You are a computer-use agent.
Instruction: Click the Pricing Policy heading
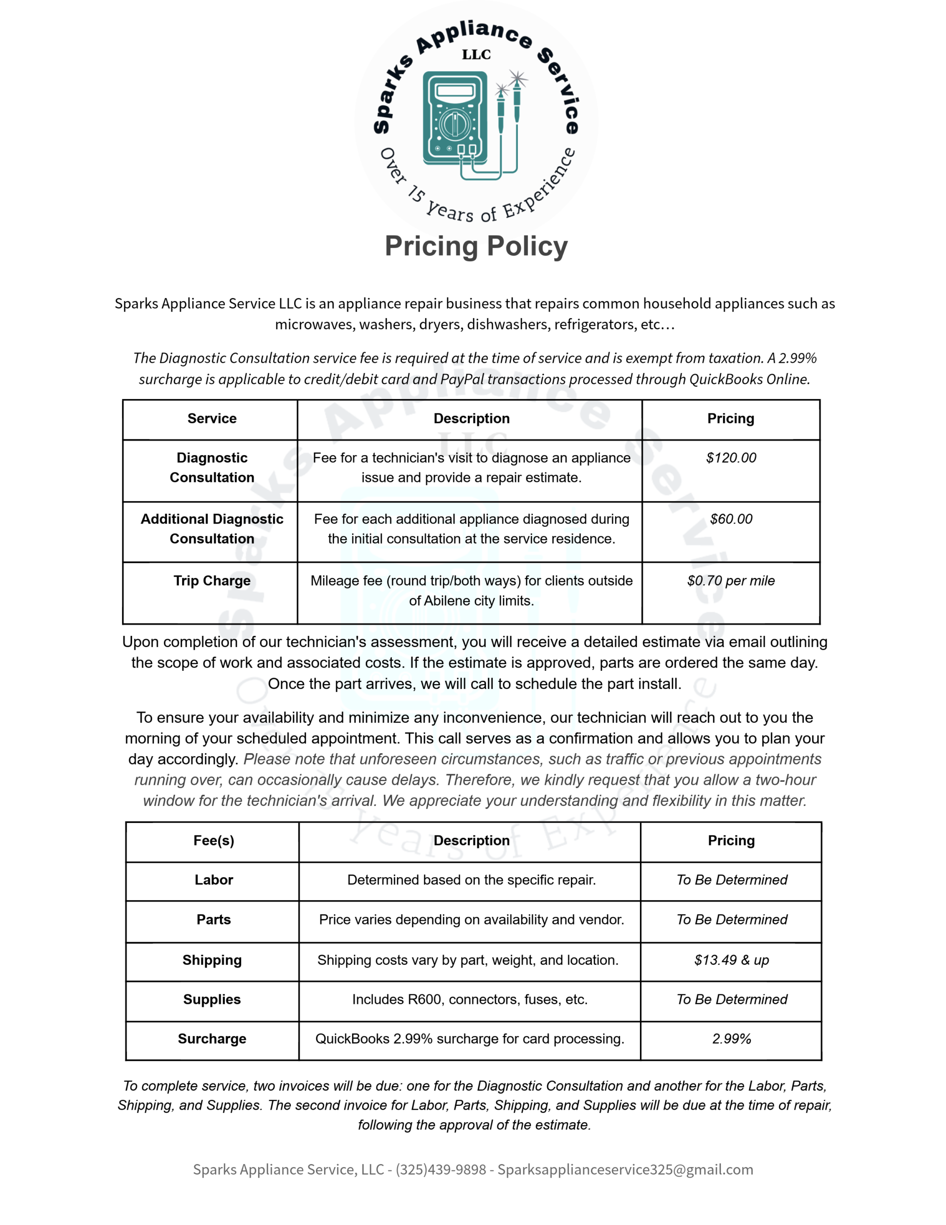pyautogui.click(x=475, y=246)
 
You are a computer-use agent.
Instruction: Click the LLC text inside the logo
pyautogui.click(x=476, y=55)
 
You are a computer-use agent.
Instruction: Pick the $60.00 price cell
pyautogui.click(x=731, y=519)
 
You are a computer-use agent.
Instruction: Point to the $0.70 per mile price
pyautogui.click(x=731, y=580)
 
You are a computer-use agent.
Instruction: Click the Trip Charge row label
pyautogui.click(x=212, y=580)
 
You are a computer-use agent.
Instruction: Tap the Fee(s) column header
pyautogui.click(x=214, y=840)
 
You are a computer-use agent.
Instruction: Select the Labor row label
pyautogui.click(x=214, y=880)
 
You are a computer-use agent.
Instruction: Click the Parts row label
pyautogui.click(x=214, y=919)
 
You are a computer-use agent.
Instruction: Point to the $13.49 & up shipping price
pyautogui.click(x=731, y=960)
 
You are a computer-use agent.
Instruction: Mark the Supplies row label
pyautogui.click(x=212, y=999)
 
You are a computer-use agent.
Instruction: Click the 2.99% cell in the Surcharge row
pyautogui.click(x=731, y=1039)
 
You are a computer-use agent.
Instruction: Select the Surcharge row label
pyautogui.click(x=212, y=1039)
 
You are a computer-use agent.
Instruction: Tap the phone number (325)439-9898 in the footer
pyautogui.click(x=441, y=1169)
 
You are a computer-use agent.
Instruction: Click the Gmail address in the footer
pyautogui.click(x=625, y=1169)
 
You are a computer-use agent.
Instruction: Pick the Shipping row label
pyautogui.click(x=212, y=960)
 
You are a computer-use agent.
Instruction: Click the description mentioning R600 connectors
pyautogui.click(x=470, y=999)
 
